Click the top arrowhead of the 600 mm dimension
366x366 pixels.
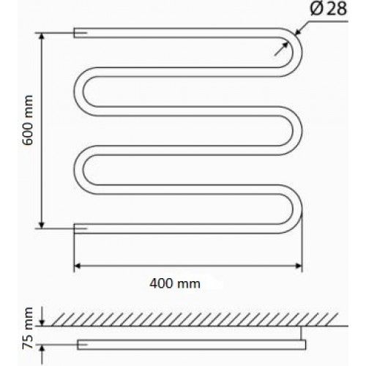[41, 37]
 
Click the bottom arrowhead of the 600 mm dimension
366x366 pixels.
[41, 223]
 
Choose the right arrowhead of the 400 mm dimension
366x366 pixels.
[299, 264]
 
